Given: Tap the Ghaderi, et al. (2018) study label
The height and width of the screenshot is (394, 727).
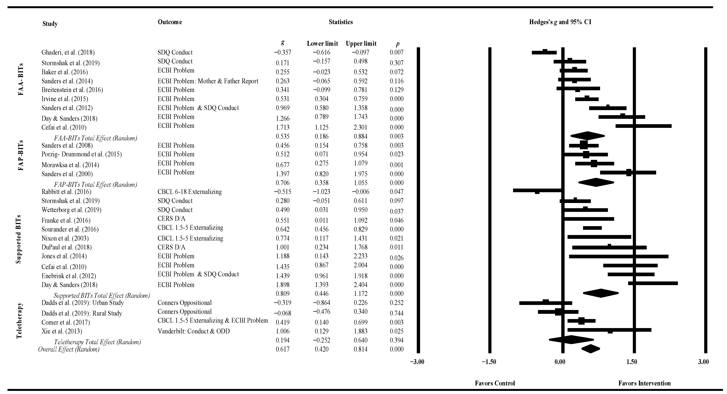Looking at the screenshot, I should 68,53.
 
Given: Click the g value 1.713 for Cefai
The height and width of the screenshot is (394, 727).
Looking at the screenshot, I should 283,127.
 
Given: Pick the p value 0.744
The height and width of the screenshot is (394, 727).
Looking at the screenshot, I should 397,313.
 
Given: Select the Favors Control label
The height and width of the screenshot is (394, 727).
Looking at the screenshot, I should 495,383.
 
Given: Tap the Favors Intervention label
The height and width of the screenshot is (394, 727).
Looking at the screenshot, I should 644,383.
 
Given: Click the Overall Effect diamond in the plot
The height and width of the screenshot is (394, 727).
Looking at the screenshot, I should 590,349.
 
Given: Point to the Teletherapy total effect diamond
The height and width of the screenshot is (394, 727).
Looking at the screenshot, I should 571,340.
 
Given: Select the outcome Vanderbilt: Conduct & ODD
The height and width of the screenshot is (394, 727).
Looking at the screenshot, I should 194,331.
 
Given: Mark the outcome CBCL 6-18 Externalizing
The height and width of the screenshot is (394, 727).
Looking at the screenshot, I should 190,192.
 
